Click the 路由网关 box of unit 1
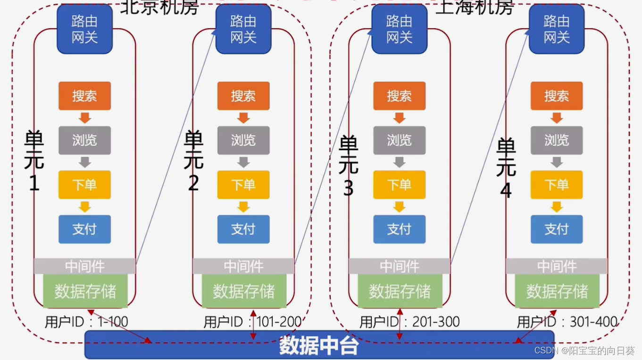84,29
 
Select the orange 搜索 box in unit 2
243,96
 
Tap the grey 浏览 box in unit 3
399,140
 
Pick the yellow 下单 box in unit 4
557,184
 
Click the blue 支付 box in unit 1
84,229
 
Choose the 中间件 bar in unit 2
243,266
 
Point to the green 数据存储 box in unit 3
400,291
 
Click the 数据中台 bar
319,345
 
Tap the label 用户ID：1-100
86,322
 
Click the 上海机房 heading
474,7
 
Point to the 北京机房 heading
159,7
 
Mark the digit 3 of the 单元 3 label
348,189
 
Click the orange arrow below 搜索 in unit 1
85,117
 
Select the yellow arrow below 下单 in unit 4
557,206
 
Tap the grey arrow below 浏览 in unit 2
243,162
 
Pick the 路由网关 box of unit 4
557,29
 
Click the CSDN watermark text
584,351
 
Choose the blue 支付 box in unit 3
399,229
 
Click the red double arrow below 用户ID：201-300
400,325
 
